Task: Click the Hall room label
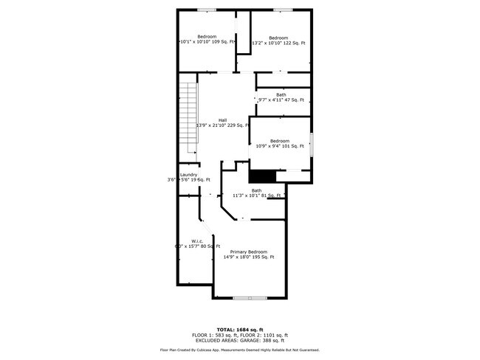[222, 120]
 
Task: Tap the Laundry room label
[188, 175]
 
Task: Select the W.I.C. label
[197, 240]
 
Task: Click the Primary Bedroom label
[248, 252]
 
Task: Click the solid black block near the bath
[261, 176]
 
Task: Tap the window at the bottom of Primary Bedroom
[250, 297]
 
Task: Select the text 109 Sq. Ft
[223, 42]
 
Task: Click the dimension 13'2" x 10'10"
[266, 43]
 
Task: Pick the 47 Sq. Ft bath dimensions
[281, 100]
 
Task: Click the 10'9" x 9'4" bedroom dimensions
[268, 146]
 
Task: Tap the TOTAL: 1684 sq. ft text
[241, 329]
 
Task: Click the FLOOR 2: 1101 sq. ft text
[264, 335]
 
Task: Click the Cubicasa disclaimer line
[241, 350]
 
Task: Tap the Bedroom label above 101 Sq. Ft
[279, 141]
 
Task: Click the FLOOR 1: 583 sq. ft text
[216, 335]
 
